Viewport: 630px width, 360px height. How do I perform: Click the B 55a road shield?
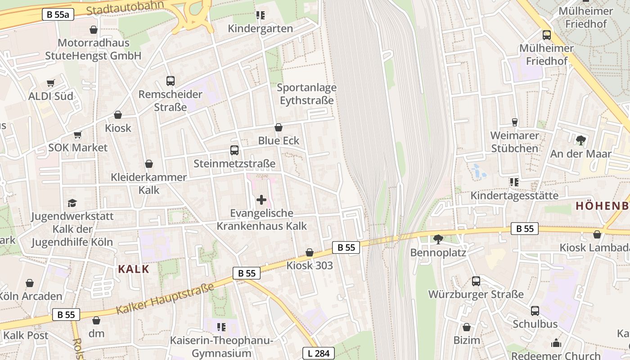[58, 14]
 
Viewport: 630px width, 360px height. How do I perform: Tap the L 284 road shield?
[319, 353]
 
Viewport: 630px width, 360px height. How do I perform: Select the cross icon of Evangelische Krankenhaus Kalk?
[261, 199]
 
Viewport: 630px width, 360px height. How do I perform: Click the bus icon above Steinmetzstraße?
[234, 150]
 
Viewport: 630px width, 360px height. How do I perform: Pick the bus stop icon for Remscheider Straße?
[170, 81]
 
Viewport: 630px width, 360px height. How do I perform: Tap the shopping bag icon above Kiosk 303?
[309, 252]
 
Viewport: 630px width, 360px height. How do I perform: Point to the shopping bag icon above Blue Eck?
[279, 127]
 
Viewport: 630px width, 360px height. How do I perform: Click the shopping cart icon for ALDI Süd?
[50, 83]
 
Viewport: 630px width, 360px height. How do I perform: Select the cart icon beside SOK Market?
[78, 135]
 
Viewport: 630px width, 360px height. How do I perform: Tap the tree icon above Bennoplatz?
[438, 239]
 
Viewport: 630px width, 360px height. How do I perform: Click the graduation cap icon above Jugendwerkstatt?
[72, 203]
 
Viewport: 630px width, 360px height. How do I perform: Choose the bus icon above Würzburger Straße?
[476, 281]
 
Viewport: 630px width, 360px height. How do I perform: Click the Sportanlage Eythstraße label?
[307, 94]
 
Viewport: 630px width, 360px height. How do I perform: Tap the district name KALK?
[133, 269]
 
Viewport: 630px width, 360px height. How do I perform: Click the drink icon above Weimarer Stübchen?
[514, 122]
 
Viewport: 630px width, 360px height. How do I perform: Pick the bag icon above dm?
[96, 320]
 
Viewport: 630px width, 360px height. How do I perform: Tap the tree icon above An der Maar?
[580, 140]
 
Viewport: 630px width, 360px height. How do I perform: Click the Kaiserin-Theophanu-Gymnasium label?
[221, 346]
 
